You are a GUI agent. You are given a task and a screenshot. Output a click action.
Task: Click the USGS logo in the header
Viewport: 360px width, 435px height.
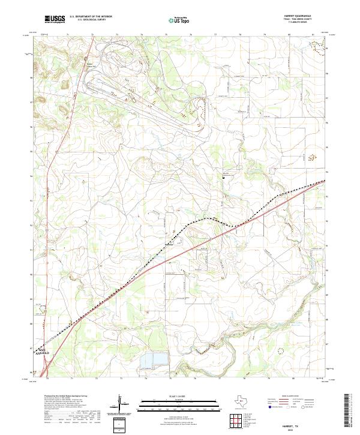[x=55, y=19]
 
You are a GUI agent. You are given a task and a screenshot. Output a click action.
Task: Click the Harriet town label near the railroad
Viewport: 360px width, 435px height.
[x=170, y=245]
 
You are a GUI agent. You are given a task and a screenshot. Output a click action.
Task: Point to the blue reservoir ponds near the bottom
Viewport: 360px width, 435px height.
[x=154, y=359]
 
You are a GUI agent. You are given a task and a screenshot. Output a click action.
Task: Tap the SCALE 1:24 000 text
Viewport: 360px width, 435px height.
[x=178, y=394]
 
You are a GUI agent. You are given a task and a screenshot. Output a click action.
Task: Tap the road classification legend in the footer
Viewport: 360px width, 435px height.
[x=294, y=403]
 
